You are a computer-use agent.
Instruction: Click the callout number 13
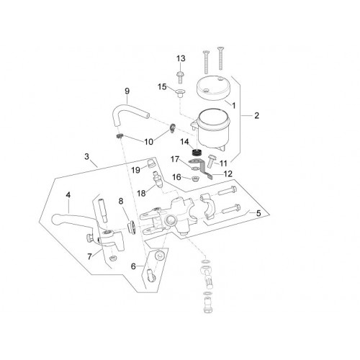coord(181,58)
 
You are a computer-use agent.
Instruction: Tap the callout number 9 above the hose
coord(127,91)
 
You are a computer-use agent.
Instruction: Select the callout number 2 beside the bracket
coord(256,116)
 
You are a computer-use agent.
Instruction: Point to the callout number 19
coord(135,170)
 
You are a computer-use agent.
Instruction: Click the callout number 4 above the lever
coord(68,195)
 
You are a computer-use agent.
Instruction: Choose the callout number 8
coord(121,201)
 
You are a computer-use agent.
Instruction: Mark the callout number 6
coord(133,266)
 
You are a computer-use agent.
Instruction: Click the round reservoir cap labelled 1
coord(213,88)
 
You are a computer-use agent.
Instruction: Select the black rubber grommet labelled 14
coord(197,152)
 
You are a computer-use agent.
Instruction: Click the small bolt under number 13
coord(180,76)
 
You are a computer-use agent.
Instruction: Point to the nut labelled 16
coord(196,179)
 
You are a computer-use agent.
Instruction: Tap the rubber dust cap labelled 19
coord(150,163)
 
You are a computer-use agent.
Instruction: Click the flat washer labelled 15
coord(179,92)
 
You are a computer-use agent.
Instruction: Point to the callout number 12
coord(228,174)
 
